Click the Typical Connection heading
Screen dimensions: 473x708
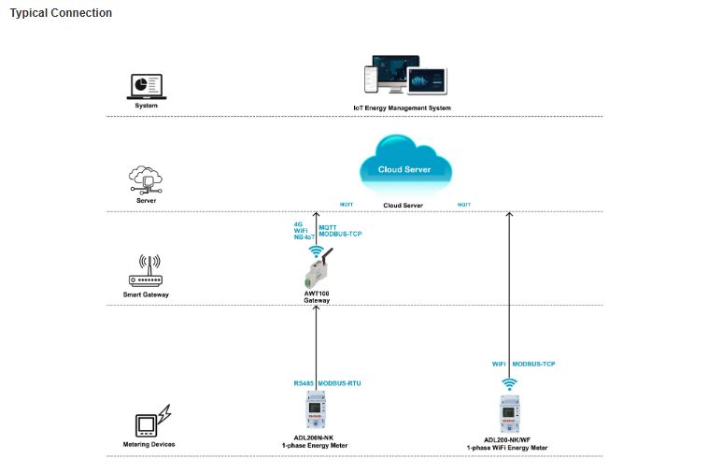tap(61, 13)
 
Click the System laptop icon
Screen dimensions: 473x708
tap(145, 87)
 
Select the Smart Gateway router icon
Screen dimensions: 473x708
tap(145, 272)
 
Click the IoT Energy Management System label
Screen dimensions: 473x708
tap(402, 107)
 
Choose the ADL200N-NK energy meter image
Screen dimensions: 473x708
tap(315, 412)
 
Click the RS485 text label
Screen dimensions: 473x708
tap(304, 383)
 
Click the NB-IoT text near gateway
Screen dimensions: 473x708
tap(304, 237)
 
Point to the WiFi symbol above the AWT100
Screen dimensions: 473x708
tap(316, 251)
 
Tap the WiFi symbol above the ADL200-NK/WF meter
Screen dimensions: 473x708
tap(509, 382)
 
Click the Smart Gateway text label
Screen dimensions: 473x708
tap(146, 294)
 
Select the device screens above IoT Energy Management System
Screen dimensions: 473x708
tap(405, 78)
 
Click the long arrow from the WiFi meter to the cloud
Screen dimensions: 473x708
tap(509, 290)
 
